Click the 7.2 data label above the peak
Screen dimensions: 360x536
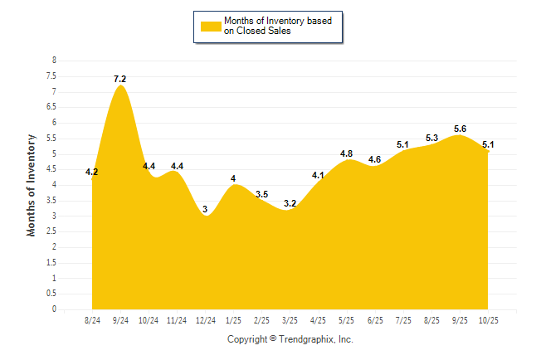[x=120, y=79]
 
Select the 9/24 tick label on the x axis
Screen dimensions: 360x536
[x=120, y=320]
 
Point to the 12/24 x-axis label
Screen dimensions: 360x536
[x=205, y=320]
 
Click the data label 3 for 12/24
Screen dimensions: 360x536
[x=205, y=209]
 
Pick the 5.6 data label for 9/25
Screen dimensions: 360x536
[x=460, y=129]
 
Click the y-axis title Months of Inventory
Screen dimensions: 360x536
[x=32, y=185]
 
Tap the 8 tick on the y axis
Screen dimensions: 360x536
[x=55, y=61]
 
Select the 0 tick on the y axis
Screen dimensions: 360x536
[x=55, y=309]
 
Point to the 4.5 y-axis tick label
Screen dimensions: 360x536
[x=52, y=169]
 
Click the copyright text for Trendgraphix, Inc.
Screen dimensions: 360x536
[x=290, y=339]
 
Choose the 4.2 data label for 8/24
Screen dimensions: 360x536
[x=92, y=173]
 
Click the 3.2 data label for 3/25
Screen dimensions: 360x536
[x=290, y=203]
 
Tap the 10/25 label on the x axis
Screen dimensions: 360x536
[x=488, y=320]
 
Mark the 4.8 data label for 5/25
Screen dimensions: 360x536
[x=347, y=153]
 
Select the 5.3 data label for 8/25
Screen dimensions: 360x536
[x=431, y=138]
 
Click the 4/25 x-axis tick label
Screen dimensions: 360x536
[x=318, y=320]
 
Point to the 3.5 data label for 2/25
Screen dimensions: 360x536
[x=261, y=194]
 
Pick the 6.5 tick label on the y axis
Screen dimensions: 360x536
[x=52, y=107]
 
